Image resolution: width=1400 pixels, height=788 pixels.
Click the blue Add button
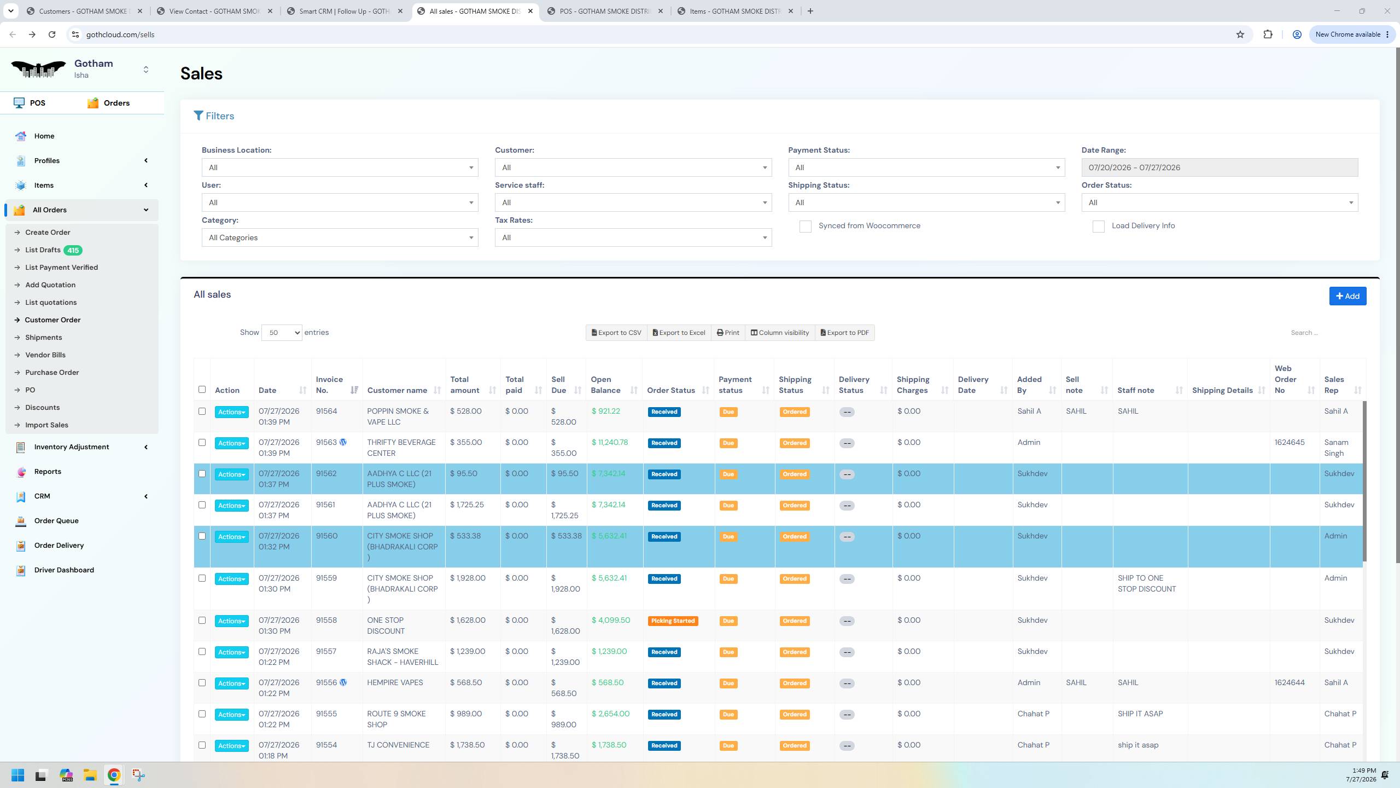click(1347, 296)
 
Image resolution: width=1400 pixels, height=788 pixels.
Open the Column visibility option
click(779, 333)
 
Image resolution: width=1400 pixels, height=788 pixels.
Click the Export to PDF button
click(844, 333)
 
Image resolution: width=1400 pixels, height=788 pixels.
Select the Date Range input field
click(1219, 167)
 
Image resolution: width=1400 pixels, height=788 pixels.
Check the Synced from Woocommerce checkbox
click(805, 227)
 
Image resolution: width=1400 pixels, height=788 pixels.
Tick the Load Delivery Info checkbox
click(1098, 227)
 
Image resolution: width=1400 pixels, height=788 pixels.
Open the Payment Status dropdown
click(926, 167)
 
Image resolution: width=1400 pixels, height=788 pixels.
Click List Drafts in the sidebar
click(43, 250)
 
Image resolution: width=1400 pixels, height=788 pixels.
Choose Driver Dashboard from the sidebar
click(64, 570)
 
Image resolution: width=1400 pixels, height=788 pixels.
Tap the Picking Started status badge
click(673, 621)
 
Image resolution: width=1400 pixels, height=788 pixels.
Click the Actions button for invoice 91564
click(231, 412)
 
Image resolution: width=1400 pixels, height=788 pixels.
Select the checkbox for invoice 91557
click(202, 652)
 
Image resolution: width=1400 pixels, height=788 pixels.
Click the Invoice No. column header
click(329, 385)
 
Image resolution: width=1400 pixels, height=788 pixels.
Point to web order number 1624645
click(1290, 442)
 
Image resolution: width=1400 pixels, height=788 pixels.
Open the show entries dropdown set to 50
click(282, 333)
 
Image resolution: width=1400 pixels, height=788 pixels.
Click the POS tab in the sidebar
click(37, 103)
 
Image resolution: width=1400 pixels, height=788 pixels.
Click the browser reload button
click(52, 34)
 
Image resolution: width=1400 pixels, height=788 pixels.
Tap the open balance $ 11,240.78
click(610, 442)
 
